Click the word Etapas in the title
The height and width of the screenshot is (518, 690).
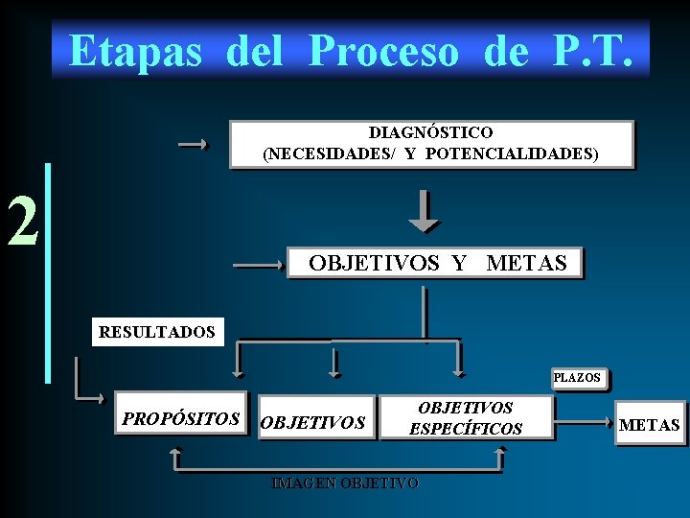(x=135, y=51)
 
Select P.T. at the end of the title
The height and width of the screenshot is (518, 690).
(x=592, y=51)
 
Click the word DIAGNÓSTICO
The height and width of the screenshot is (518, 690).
(x=430, y=132)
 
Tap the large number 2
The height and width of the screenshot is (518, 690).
(x=23, y=221)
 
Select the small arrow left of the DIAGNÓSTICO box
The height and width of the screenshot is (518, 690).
(x=194, y=145)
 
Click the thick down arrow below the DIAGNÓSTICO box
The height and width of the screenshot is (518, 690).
(x=424, y=213)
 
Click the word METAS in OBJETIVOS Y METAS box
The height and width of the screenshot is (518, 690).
(x=526, y=263)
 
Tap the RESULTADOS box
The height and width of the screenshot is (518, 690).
(x=156, y=332)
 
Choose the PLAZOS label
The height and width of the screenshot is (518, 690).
(x=577, y=378)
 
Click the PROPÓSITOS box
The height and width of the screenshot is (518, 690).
(x=180, y=419)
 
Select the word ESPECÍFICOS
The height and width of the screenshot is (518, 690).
(x=466, y=429)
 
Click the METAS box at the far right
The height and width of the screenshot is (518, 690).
(x=650, y=425)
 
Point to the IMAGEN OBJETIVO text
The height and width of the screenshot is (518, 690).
(x=345, y=483)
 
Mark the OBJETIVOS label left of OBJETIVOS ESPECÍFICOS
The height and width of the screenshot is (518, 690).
(x=312, y=422)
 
